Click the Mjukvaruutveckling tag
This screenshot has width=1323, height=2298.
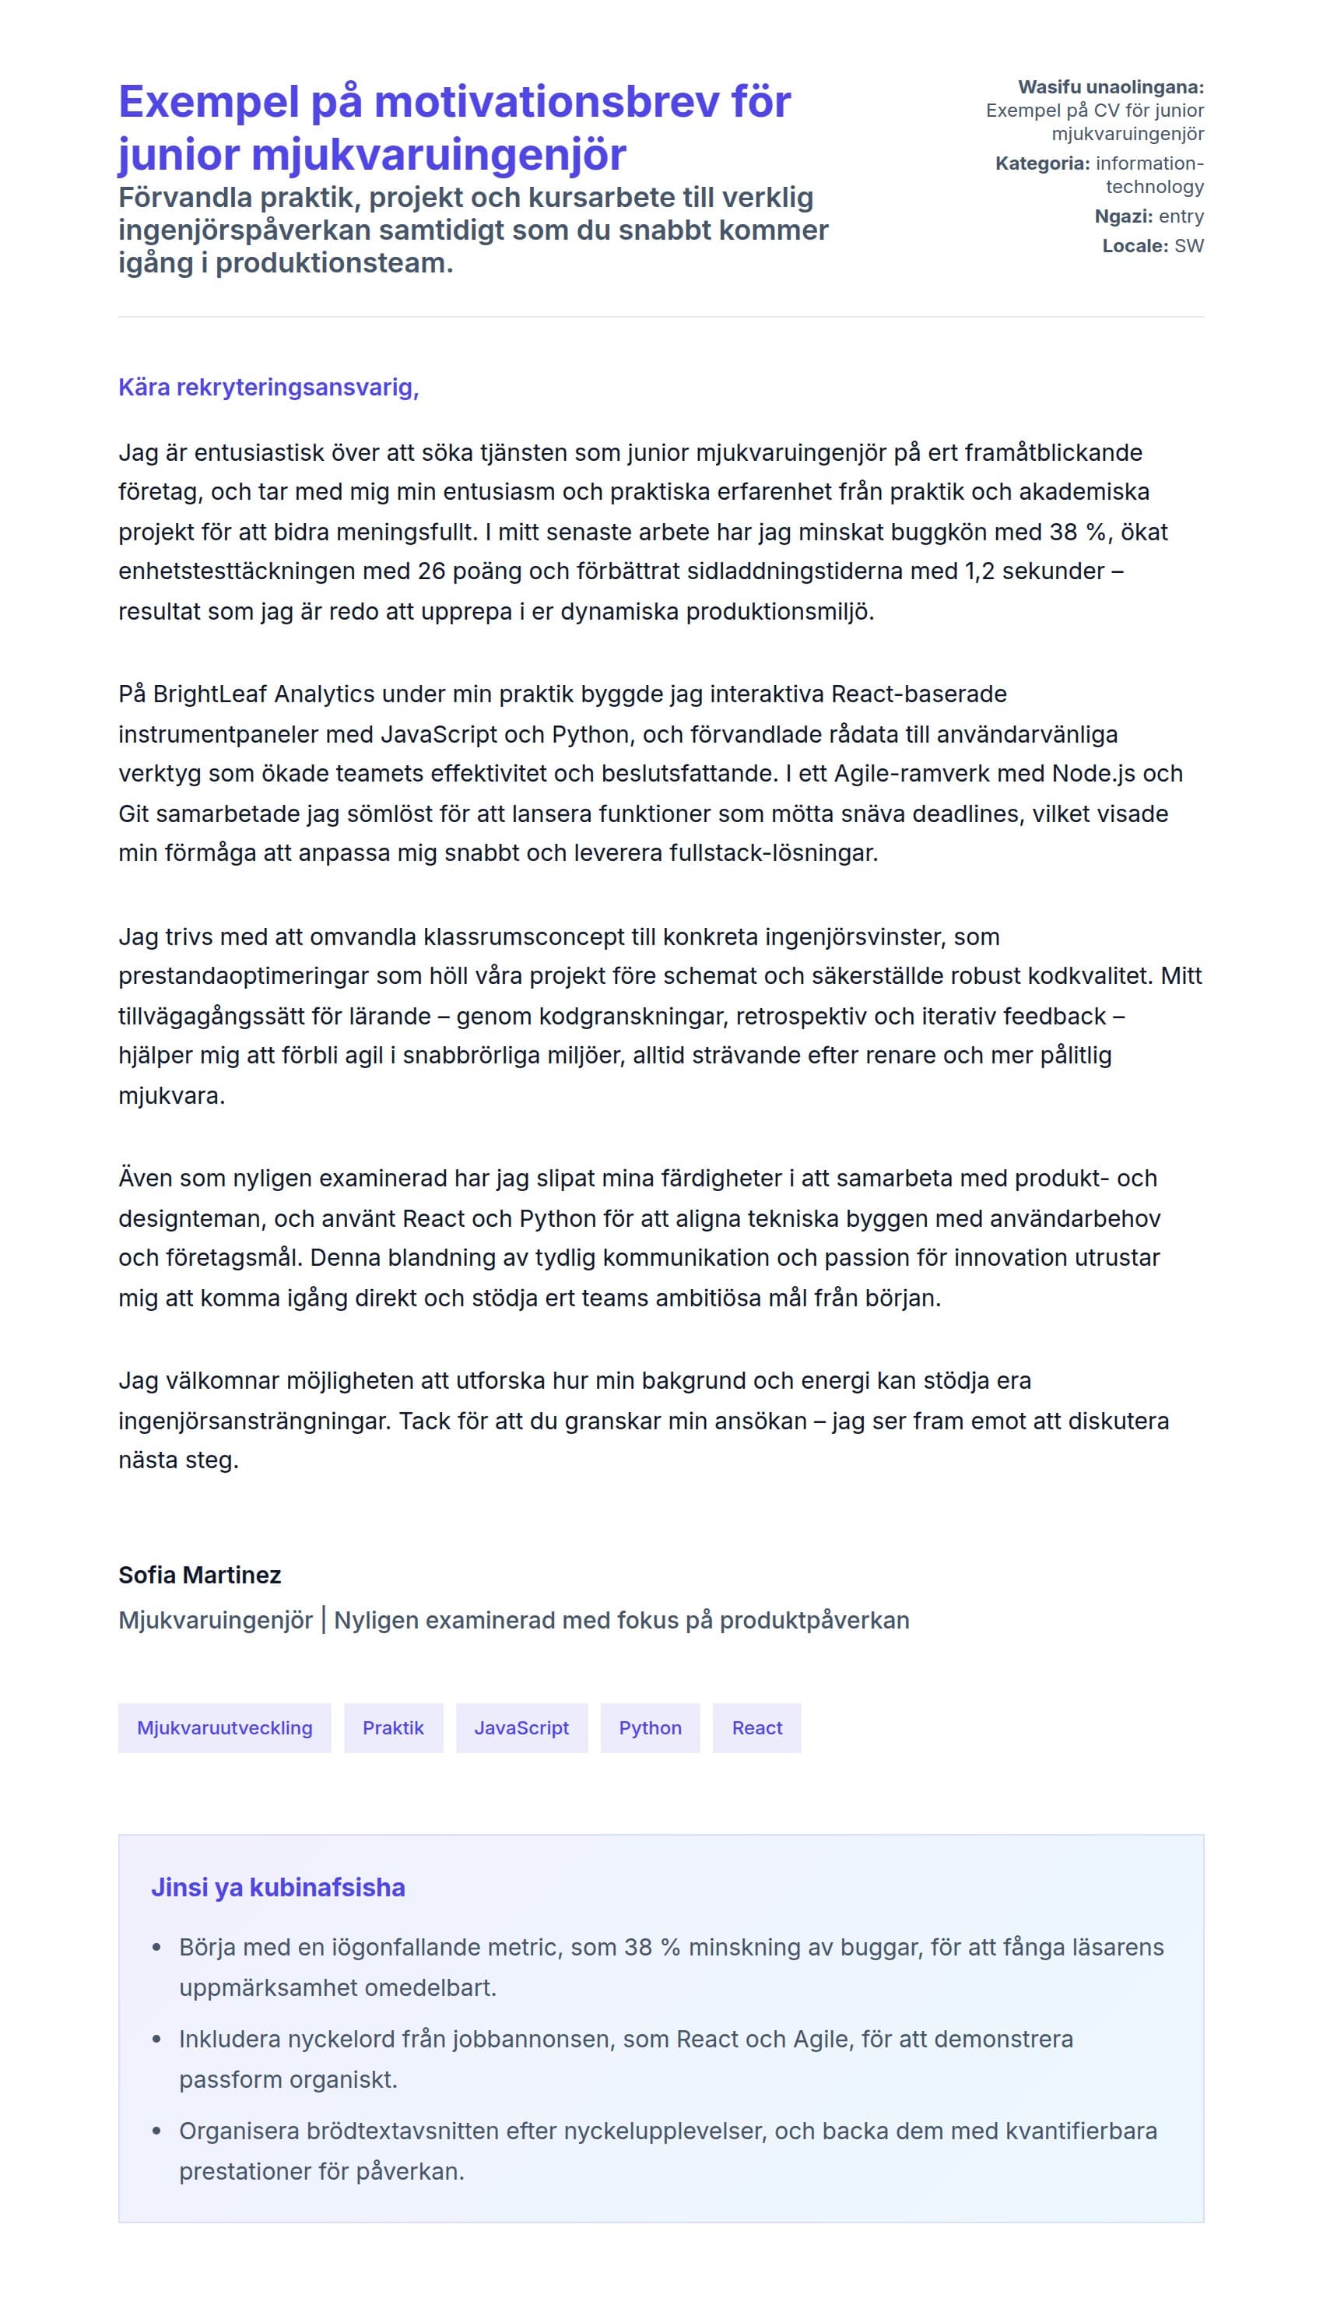click(224, 1727)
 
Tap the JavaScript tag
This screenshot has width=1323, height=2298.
click(521, 1727)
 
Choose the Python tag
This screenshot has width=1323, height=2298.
click(650, 1727)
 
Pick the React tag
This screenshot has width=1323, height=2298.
click(757, 1727)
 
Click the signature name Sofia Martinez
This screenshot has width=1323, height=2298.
click(200, 1575)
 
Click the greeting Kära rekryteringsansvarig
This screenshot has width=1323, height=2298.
click(268, 387)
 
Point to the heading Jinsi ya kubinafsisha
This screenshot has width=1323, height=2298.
click(278, 1887)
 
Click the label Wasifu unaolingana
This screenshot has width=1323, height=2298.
click(1111, 87)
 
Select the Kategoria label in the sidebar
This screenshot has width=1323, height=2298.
click(1042, 163)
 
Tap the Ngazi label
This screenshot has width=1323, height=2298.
click(1123, 216)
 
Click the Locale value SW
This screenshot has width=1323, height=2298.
click(1188, 245)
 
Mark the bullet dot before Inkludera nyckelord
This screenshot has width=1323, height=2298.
click(157, 2040)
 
